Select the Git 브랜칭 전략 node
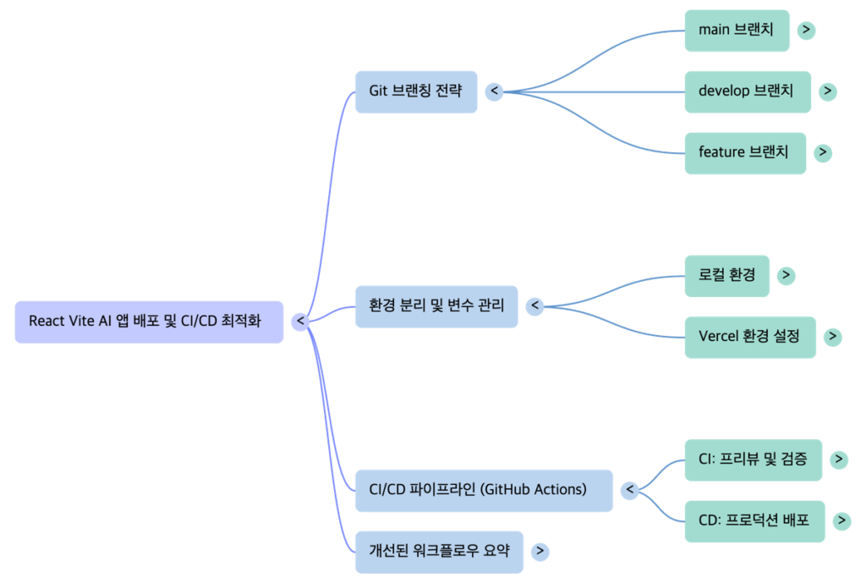(x=415, y=91)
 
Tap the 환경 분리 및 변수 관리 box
(x=436, y=306)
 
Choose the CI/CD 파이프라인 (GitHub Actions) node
(x=483, y=490)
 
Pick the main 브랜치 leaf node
(x=737, y=30)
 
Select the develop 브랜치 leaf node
(x=747, y=91)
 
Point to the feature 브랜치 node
(x=744, y=153)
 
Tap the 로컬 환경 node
(x=726, y=276)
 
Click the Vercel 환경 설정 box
(x=749, y=337)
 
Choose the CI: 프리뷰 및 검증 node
(x=753, y=459)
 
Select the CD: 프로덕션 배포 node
(x=754, y=520)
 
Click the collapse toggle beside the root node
(x=300, y=322)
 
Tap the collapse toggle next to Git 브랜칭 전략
(x=494, y=91)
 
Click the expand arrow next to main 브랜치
(x=807, y=30)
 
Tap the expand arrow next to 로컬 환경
(x=787, y=276)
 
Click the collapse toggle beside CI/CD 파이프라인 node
(x=628, y=490)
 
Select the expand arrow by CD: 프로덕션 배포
(x=841, y=521)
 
